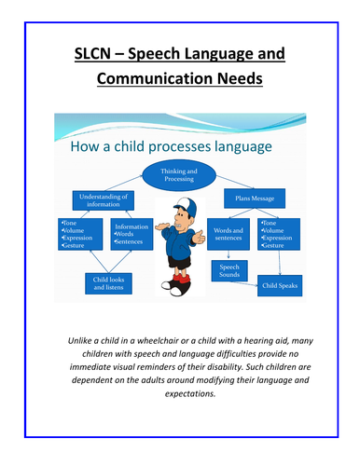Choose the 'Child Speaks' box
(x=280, y=284)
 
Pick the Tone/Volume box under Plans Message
(x=281, y=236)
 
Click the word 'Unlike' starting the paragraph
(x=84, y=341)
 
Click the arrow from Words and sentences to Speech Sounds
(x=223, y=254)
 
